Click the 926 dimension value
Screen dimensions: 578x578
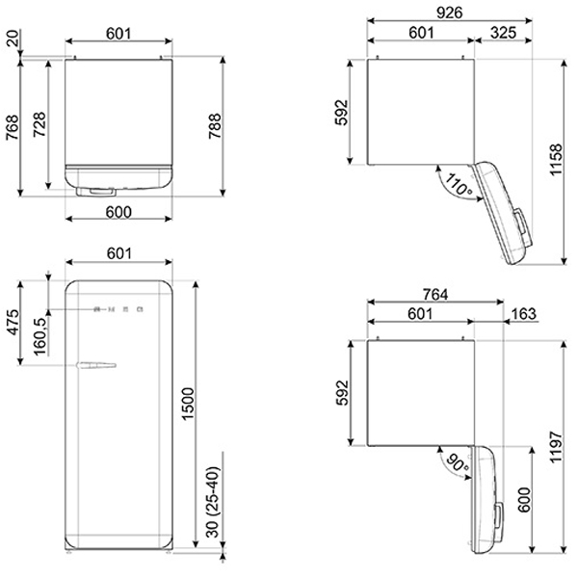click(449, 13)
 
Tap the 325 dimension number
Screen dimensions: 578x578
click(503, 33)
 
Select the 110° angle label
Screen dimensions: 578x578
click(459, 185)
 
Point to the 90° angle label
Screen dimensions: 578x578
click(457, 462)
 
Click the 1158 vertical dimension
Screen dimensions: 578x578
click(556, 160)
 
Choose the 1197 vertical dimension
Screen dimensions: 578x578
click(556, 446)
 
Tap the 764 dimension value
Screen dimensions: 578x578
click(435, 295)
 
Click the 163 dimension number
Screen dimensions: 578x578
click(524, 314)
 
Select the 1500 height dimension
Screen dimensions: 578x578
click(187, 404)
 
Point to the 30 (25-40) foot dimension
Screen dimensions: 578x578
click(213, 502)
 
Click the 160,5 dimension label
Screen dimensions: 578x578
click(40, 336)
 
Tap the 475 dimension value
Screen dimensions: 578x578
click(13, 323)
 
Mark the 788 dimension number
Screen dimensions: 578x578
click(215, 126)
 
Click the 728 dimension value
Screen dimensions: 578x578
click(39, 124)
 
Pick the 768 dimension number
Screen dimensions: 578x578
click(13, 127)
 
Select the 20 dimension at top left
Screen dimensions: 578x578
click(13, 38)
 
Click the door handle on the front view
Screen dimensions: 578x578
click(96, 365)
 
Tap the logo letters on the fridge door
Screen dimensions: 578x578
click(118, 309)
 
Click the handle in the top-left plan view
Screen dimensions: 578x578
click(95, 192)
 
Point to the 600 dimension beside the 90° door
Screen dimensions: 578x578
click(525, 499)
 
